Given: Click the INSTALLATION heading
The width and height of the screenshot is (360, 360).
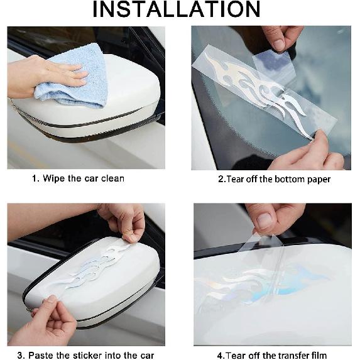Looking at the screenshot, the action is [177, 9].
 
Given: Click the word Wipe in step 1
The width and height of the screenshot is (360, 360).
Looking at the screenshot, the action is [54, 178].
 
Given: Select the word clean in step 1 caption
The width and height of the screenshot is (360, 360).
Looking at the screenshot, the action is [112, 178].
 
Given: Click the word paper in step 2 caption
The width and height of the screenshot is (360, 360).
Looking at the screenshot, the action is [319, 180].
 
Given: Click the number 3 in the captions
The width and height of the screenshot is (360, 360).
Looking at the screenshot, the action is [20, 356].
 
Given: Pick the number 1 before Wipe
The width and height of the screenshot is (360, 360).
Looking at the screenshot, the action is [35, 178].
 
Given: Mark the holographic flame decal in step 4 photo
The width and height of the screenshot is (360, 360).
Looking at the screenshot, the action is [264, 285].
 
